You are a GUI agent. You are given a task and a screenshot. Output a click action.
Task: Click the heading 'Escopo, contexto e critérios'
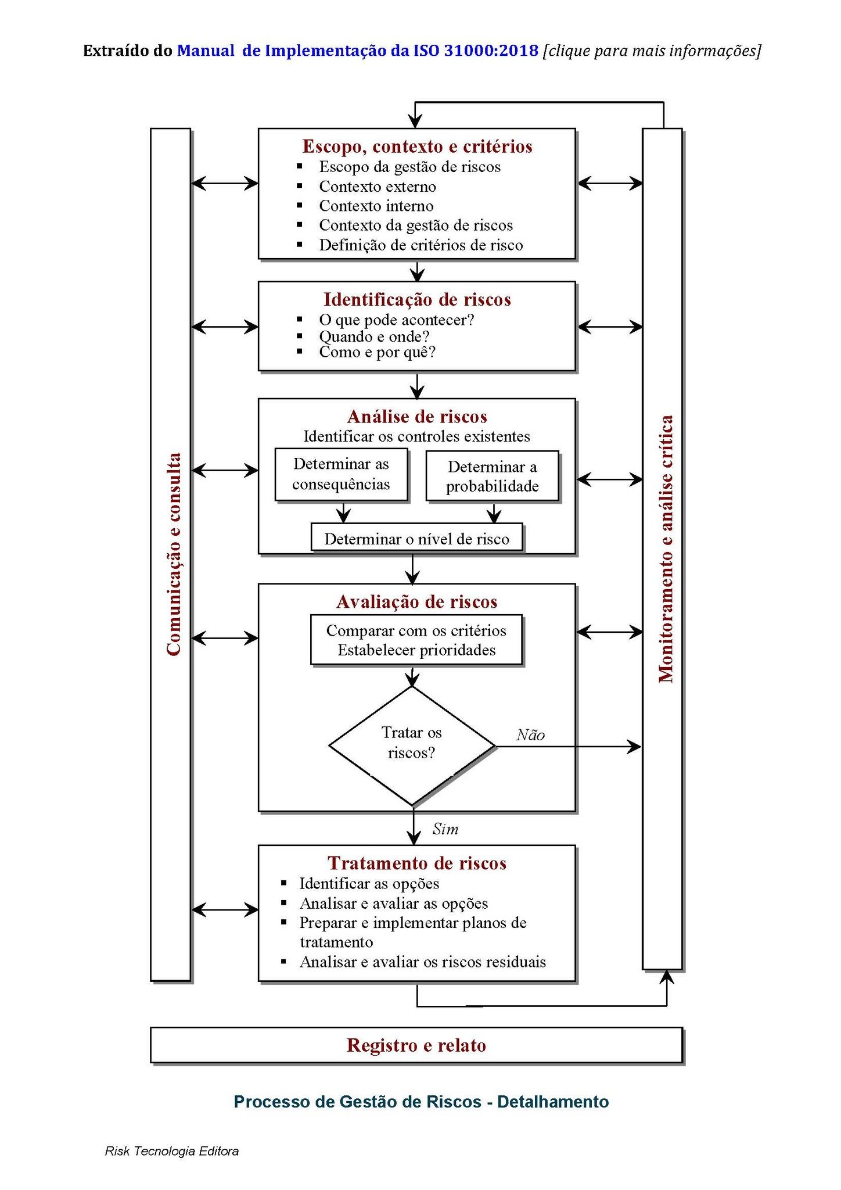pyautogui.click(x=417, y=146)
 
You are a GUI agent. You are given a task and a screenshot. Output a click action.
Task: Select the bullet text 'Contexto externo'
pyautogui.click(x=377, y=187)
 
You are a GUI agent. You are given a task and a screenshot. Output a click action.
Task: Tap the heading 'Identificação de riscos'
pyautogui.click(x=417, y=299)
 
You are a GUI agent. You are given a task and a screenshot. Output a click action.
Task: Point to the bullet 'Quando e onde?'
pyautogui.click(x=374, y=336)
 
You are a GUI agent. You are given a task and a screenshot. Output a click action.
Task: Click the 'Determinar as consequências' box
pyautogui.click(x=341, y=474)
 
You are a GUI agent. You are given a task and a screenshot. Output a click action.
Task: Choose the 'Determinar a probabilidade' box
pyautogui.click(x=492, y=476)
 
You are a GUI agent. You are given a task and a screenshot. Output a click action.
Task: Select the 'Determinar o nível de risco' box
pyautogui.click(x=416, y=539)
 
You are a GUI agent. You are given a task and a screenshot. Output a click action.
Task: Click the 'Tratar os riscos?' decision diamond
pyautogui.click(x=411, y=745)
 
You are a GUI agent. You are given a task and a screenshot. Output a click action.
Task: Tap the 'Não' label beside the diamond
pyautogui.click(x=530, y=735)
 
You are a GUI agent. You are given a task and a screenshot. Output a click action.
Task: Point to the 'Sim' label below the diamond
pyautogui.click(x=445, y=829)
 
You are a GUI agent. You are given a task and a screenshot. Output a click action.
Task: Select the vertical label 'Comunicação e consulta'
pyautogui.click(x=172, y=554)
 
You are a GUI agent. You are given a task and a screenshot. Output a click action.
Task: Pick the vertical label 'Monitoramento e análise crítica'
pyautogui.click(x=665, y=549)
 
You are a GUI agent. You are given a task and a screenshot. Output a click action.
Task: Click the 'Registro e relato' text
pyautogui.click(x=416, y=1045)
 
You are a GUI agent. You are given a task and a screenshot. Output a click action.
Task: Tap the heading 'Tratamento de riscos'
pyautogui.click(x=417, y=863)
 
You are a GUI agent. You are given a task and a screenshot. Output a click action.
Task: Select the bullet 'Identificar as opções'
pyautogui.click(x=369, y=884)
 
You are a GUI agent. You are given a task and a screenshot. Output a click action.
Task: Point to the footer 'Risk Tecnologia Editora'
pyautogui.click(x=171, y=1151)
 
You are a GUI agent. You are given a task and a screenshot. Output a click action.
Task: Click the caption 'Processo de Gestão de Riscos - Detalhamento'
pyautogui.click(x=421, y=1102)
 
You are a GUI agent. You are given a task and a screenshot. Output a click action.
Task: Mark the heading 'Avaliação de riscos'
pyautogui.click(x=417, y=601)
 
